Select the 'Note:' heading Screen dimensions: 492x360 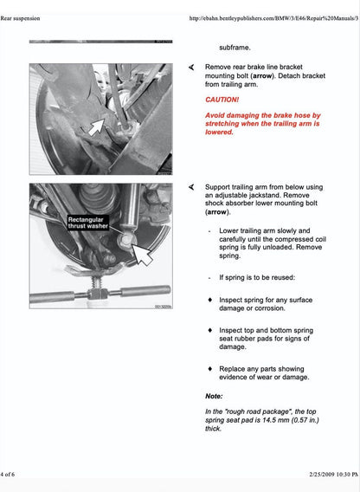(x=214, y=396)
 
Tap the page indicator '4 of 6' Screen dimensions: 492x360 (x=8, y=476)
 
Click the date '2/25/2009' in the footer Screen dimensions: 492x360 (x=302, y=476)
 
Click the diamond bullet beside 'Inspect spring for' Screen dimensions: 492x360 (x=210, y=299)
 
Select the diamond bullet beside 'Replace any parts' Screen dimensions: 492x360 (x=210, y=367)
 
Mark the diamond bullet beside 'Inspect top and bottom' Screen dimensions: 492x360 (x=210, y=330)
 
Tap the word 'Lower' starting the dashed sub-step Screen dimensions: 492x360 (x=230, y=231)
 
